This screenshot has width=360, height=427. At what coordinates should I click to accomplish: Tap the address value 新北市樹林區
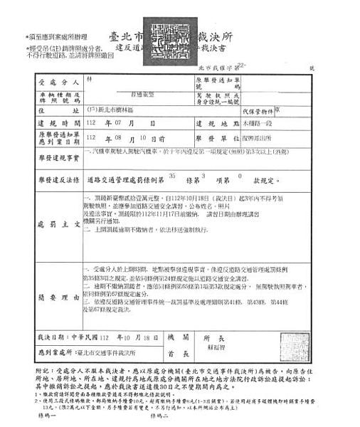pyautogui.click(x=114, y=111)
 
